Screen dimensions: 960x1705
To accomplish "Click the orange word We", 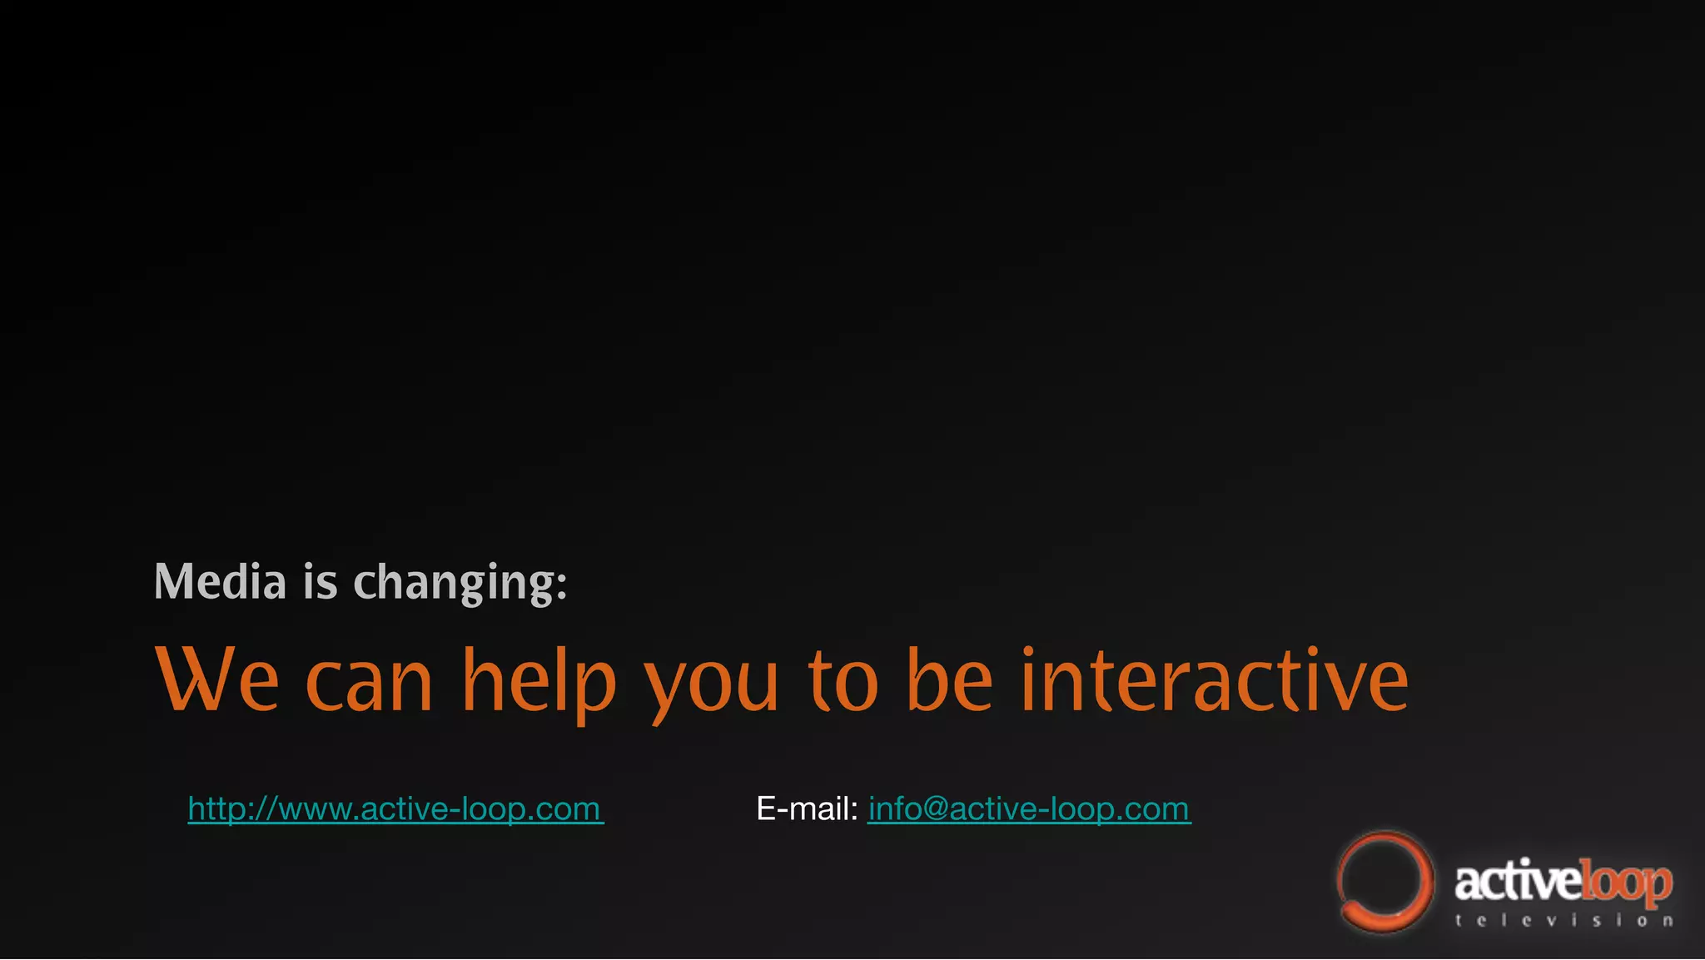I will [216, 680].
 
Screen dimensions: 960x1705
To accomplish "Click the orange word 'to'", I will [843, 681].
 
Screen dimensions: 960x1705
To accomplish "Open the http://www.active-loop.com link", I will [395, 809].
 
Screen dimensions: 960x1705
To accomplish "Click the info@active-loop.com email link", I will [1029, 809].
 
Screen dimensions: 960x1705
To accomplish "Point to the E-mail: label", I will [807, 809].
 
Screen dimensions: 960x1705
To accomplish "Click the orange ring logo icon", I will [1384, 881].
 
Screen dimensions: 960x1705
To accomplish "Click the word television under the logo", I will [1564, 921].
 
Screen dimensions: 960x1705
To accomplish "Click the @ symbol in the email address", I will [935, 809].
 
